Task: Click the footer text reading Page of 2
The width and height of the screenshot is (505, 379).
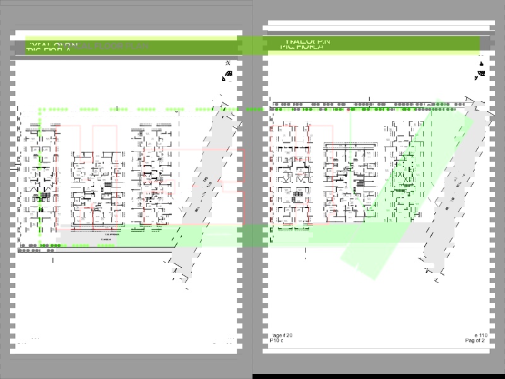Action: (x=475, y=340)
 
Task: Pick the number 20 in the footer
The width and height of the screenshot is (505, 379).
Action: (x=289, y=335)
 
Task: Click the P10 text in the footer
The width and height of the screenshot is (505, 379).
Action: (x=276, y=340)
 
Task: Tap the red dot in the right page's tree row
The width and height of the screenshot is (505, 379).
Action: (x=349, y=108)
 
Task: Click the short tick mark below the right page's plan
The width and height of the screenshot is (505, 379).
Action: (x=306, y=255)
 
